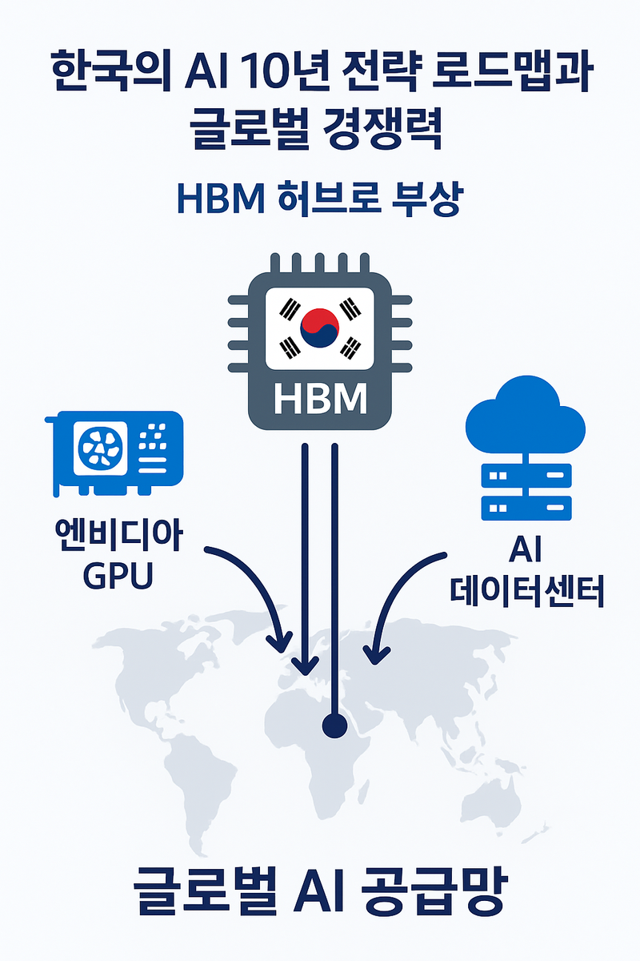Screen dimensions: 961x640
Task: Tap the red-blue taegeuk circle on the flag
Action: coord(319,328)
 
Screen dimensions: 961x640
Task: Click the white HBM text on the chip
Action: coord(320,399)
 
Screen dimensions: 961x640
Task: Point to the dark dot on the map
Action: coord(333,726)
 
